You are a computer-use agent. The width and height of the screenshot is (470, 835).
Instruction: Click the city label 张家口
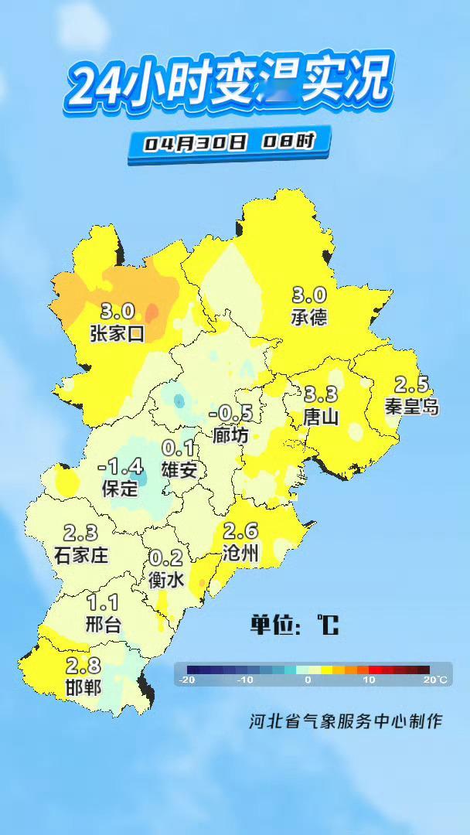pos(117,333)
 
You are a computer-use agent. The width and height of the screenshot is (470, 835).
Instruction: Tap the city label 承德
pos(309,317)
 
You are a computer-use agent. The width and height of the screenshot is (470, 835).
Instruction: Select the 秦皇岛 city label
pos(412,407)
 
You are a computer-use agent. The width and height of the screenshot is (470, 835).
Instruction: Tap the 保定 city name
pos(120,489)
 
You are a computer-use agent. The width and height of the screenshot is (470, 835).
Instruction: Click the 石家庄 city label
pos(81,554)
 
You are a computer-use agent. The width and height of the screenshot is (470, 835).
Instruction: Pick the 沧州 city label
pos(240,552)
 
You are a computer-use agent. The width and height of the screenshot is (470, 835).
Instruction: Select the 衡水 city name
pos(166,579)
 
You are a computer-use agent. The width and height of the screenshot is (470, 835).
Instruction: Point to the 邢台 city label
pos(103,624)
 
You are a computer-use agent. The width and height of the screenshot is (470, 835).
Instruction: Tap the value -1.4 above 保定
pos(121,467)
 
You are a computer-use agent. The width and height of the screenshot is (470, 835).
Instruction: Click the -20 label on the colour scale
pos(186,680)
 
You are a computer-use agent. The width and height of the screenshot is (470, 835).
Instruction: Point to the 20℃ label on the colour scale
pos(434,680)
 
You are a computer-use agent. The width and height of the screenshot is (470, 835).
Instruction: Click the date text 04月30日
pos(194,143)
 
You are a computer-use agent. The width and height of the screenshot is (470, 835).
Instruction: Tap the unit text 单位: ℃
pos(295,625)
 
